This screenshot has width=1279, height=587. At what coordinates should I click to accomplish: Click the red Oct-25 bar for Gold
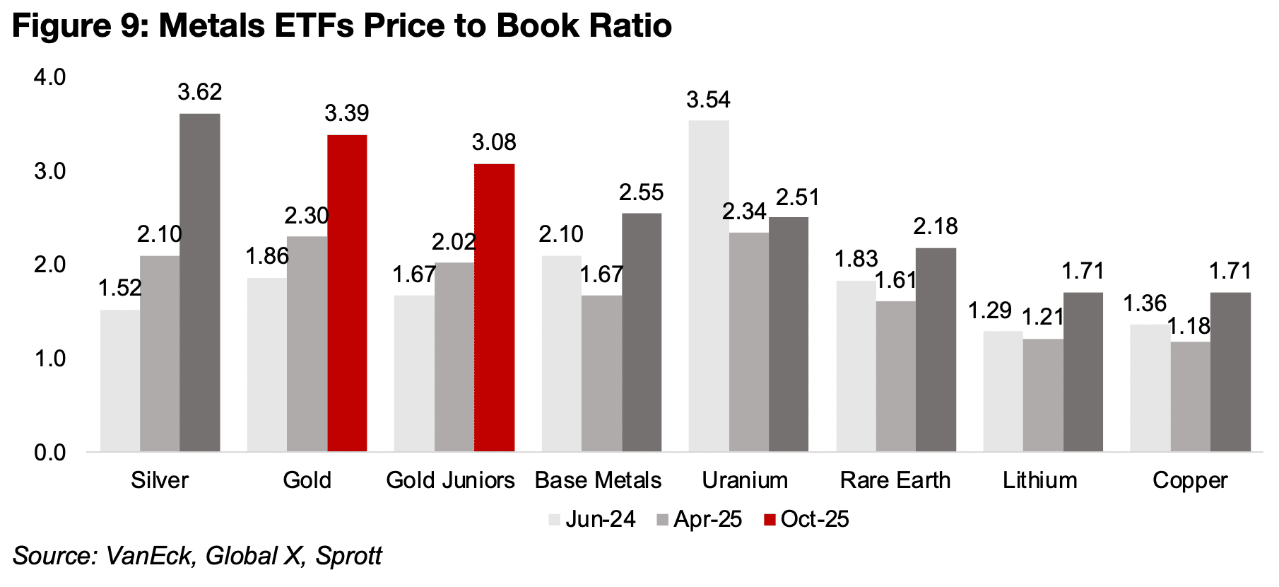pos(347,293)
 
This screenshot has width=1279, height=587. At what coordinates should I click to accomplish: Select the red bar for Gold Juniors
pos(494,308)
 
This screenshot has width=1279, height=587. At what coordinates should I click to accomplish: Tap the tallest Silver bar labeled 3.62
pos(200,282)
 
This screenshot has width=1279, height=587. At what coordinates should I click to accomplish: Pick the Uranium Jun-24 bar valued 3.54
pos(709,286)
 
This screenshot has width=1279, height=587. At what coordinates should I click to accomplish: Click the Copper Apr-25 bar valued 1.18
pos(1190,397)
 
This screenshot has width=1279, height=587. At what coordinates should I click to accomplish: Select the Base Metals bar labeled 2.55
pos(642,332)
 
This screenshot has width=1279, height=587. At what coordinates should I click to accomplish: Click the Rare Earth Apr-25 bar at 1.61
pos(895,376)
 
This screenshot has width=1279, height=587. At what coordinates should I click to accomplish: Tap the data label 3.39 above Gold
pos(347,113)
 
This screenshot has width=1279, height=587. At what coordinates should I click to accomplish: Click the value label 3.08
pos(494,142)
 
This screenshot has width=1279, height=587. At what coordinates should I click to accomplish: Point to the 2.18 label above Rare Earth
pos(936,226)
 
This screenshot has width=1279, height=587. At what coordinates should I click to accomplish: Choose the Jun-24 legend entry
pos(592,519)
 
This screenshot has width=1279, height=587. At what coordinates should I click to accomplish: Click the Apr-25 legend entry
pos(700,519)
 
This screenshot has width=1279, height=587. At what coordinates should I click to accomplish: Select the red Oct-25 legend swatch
pos(770,520)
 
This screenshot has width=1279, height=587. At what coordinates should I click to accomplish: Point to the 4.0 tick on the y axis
pos(50,77)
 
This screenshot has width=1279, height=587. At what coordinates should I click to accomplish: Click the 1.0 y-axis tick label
pos(50,359)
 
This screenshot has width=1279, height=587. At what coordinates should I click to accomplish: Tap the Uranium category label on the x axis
pos(745,480)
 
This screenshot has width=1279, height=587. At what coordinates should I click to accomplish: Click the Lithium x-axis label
pos(1039,480)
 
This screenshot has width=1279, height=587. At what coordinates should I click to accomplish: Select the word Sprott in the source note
pos(348,556)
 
